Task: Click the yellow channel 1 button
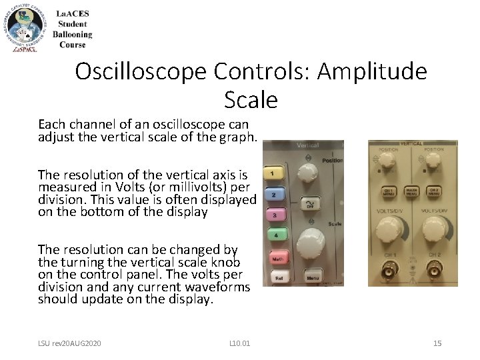[x=273, y=173]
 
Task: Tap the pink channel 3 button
[x=273, y=215]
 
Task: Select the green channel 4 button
[x=273, y=235]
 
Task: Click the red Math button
[x=277, y=258]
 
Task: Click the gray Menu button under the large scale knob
[x=313, y=275]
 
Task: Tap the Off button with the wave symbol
[x=310, y=203]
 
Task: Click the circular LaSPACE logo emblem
[x=25, y=27]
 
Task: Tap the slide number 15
[x=437, y=343]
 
